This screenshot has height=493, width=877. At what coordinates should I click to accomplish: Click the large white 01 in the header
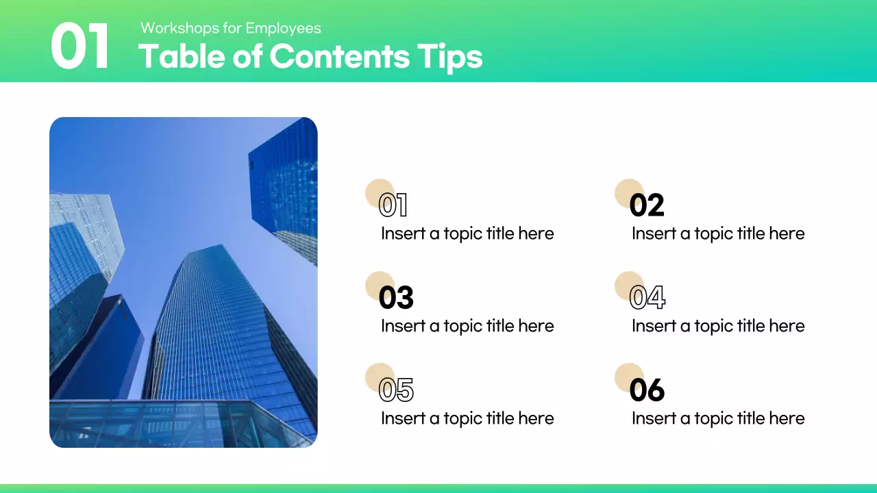coord(80,47)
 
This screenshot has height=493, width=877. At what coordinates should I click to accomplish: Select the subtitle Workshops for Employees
coord(231,28)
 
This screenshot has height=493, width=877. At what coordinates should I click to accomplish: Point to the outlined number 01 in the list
coord(393,205)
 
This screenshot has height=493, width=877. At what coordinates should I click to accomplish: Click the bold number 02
coord(647,205)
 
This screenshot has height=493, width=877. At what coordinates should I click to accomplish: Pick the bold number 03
coord(396,298)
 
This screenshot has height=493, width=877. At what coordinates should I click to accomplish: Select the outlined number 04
coord(647,298)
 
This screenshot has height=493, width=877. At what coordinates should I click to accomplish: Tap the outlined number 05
coord(396,390)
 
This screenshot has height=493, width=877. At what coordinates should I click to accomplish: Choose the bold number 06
coord(647,390)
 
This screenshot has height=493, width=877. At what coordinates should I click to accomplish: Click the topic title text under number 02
coord(718,233)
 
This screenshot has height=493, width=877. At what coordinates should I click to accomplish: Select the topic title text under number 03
coord(467,326)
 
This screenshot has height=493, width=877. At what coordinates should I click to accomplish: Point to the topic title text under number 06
coord(718,418)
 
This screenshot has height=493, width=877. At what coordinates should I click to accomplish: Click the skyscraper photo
coord(184,282)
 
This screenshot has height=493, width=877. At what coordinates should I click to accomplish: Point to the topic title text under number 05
coord(467,418)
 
